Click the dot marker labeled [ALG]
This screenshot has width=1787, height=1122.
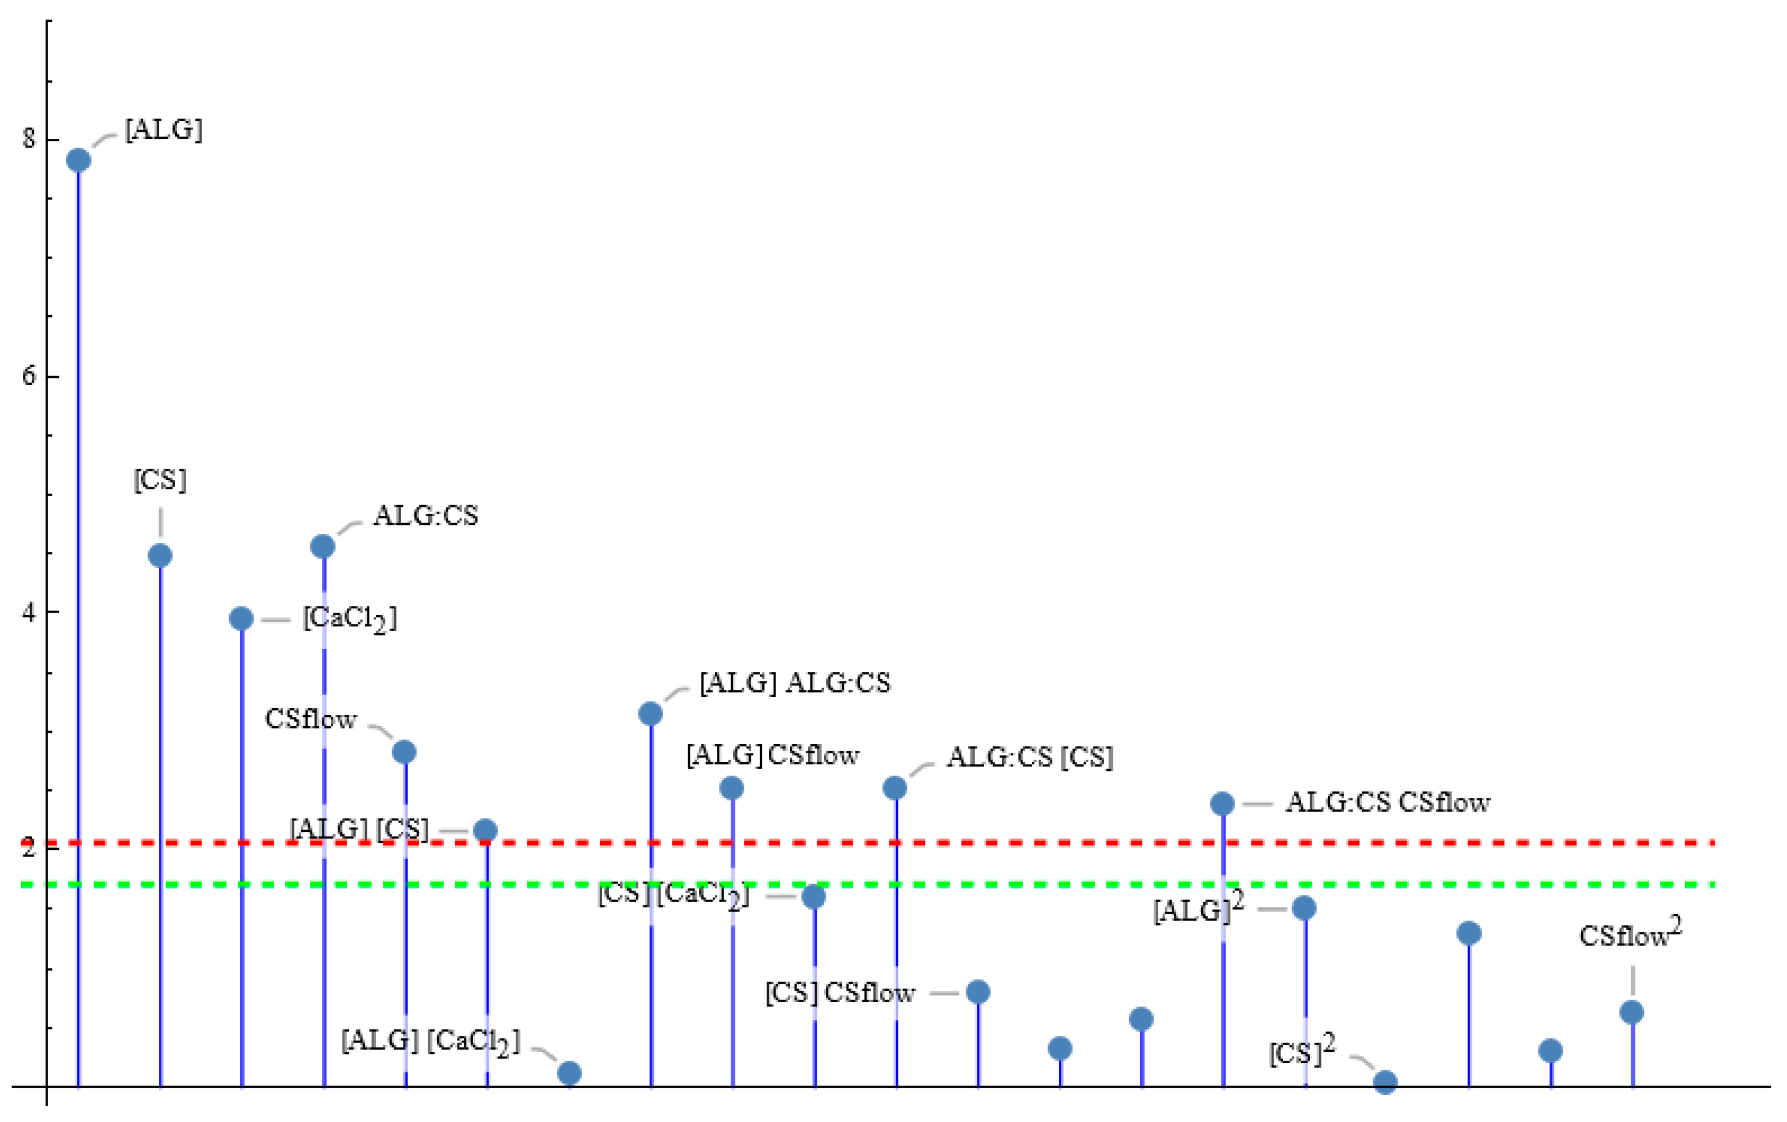78,160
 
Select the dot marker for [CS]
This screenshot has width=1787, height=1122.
160,555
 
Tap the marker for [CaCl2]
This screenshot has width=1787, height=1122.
241,618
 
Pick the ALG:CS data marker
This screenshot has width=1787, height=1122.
323,547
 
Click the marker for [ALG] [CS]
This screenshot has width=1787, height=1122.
485,830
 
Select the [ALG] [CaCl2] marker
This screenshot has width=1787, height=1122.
569,1073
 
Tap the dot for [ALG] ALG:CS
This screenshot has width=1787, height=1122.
651,714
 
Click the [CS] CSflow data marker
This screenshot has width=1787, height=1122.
978,991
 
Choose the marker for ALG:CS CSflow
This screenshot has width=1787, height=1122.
1222,804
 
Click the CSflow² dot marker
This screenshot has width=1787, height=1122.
1632,1012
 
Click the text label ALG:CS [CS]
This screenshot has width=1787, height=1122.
1030,758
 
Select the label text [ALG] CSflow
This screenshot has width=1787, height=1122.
773,756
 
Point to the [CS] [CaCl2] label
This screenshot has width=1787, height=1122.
673,895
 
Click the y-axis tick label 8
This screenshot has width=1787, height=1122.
29,139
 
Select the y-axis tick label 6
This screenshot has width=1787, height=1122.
29,376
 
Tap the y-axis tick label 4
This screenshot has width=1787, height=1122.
29,612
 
